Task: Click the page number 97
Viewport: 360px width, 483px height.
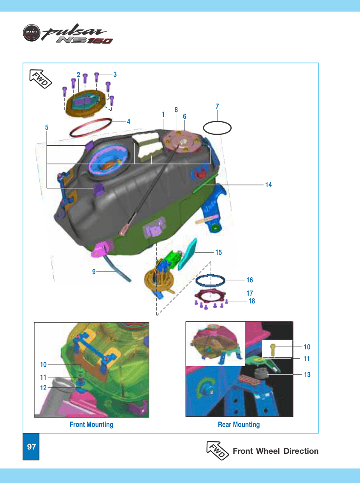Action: (x=31, y=446)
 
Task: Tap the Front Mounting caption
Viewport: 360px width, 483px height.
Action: (x=91, y=425)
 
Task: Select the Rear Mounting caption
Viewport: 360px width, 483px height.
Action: (x=239, y=425)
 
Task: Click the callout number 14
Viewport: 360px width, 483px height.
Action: (x=269, y=185)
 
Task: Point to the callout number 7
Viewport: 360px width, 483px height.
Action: (x=217, y=106)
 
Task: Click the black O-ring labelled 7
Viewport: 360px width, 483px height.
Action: (x=204, y=128)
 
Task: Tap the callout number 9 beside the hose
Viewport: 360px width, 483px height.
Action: (x=94, y=272)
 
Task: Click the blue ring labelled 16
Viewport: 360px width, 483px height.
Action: (x=196, y=281)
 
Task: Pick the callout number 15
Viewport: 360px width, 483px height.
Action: (x=218, y=252)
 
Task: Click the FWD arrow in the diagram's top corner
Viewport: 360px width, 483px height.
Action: (x=40, y=79)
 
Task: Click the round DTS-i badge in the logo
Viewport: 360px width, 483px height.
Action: (x=32, y=33)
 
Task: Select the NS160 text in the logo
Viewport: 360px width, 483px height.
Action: (x=84, y=40)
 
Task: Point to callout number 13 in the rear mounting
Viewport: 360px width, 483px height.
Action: (x=307, y=374)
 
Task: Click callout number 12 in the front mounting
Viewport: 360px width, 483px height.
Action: (x=43, y=388)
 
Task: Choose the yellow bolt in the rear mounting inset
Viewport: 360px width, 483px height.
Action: (x=273, y=350)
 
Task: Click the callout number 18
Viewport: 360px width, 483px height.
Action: (x=252, y=301)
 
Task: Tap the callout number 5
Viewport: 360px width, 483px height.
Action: (x=47, y=127)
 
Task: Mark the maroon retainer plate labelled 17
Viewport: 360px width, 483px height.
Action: (x=196, y=293)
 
